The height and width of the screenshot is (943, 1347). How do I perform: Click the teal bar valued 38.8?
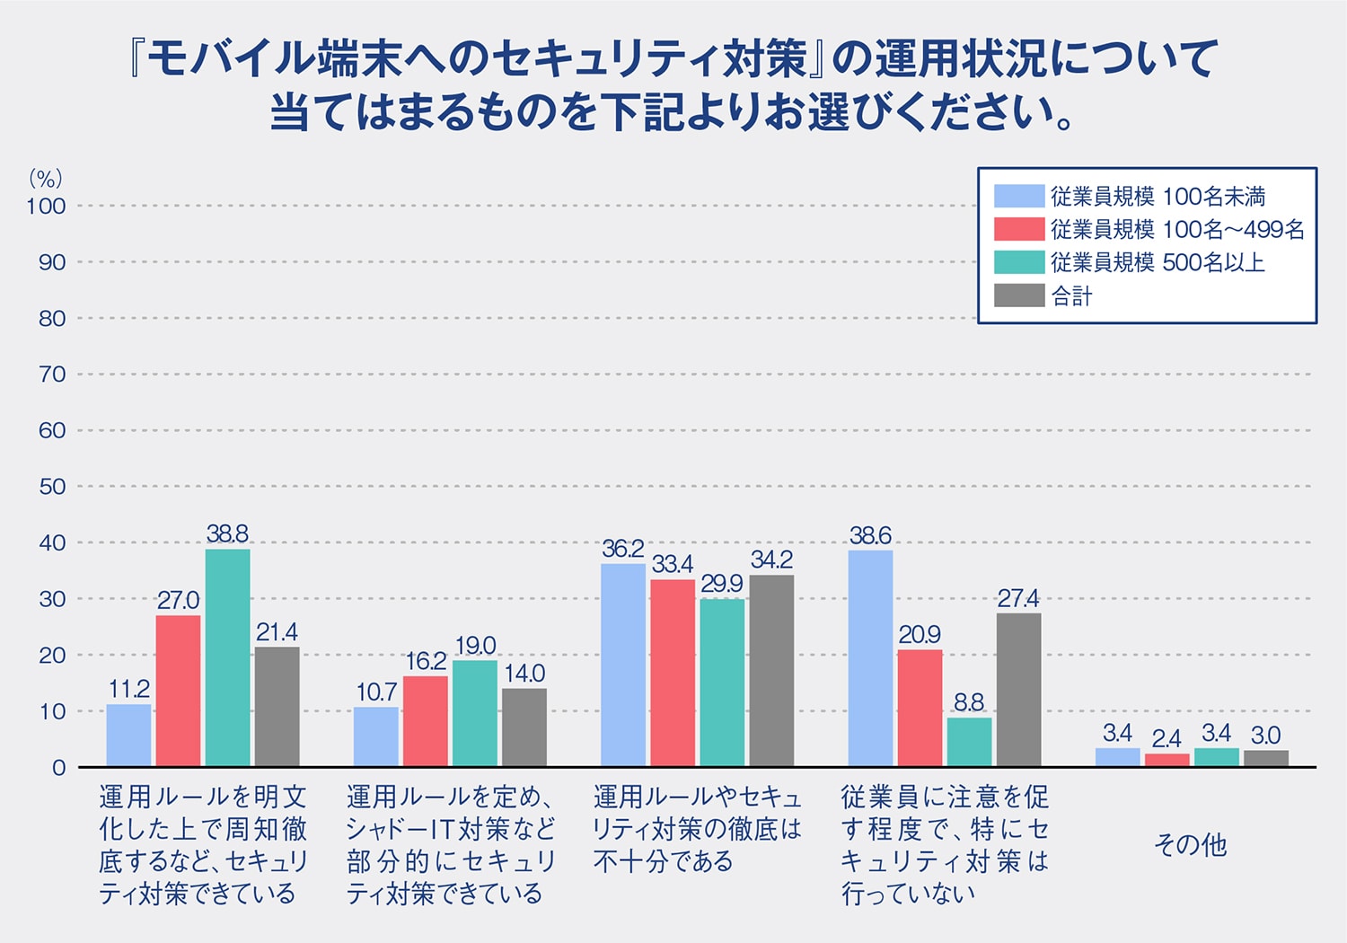[227, 657]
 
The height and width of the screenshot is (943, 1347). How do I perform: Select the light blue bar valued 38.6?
[870, 658]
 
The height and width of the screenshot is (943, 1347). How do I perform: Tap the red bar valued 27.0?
[178, 691]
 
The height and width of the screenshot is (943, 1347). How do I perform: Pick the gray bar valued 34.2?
[771, 670]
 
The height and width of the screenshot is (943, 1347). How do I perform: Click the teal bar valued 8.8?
[969, 742]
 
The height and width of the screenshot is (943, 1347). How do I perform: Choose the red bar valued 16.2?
[425, 721]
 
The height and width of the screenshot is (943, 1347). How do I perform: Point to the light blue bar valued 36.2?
[622, 665]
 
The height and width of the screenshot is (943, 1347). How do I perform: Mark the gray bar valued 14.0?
[524, 727]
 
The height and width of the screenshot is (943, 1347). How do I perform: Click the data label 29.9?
[721, 584]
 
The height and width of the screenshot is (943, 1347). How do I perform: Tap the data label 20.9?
[920, 635]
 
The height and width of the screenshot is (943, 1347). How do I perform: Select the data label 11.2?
[128, 690]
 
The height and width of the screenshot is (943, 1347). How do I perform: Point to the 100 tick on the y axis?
[46, 207]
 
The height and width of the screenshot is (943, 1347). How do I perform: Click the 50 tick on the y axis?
[52, 487]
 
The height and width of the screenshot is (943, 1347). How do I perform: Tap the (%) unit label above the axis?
[45, 178]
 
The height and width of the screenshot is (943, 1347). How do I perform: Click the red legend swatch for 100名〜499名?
[1018, 229]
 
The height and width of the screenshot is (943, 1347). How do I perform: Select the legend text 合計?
[1071, 295]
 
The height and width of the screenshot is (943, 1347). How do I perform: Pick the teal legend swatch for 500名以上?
[1018, 262]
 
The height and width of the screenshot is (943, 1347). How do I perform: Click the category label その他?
[1190, 844]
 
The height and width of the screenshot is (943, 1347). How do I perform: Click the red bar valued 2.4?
[1167, 760]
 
